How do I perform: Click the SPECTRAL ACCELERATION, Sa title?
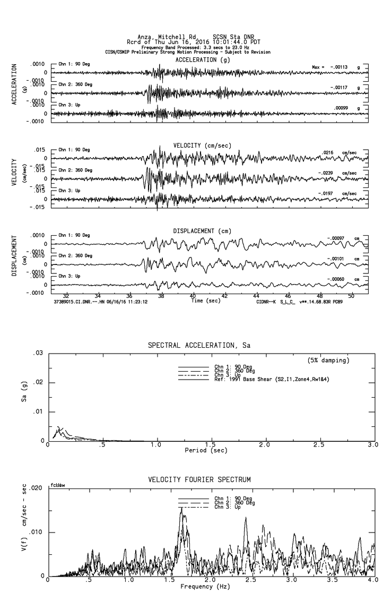pyautogui.click(x=198, y=345)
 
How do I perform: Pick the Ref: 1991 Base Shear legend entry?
pyautogui.click(x=265, y=379)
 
